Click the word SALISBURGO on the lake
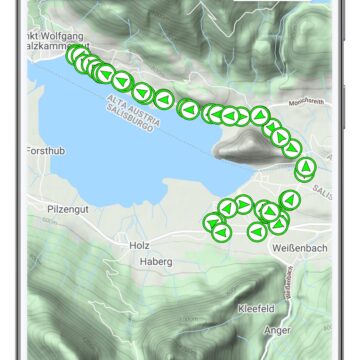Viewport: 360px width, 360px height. [121, 115]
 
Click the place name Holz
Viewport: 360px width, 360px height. [138, 244]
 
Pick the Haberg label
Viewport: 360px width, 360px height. [158, 262]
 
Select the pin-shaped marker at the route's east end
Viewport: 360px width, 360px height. [304, 167]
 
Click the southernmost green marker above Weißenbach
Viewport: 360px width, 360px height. [256, 232]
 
